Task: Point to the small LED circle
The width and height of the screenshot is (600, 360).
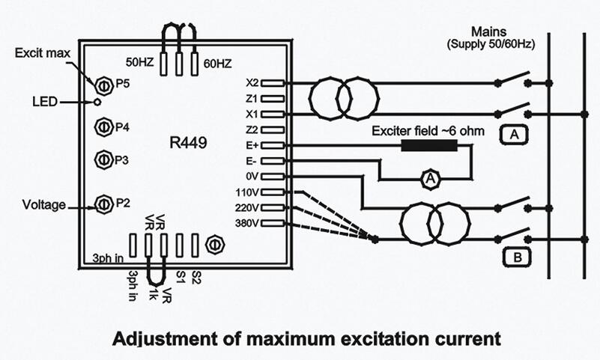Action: pyautogui.click(x=97, y=101)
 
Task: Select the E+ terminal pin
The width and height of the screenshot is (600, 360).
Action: pyautogui.click(x=273, y=145)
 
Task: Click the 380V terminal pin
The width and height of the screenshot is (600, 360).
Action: pyautogui.click(x=273, y=223)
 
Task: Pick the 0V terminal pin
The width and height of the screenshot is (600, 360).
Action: pyautogui.click(x=273, y=177)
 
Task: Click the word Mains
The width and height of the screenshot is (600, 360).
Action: pyautogui.click(x=491, y=33)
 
